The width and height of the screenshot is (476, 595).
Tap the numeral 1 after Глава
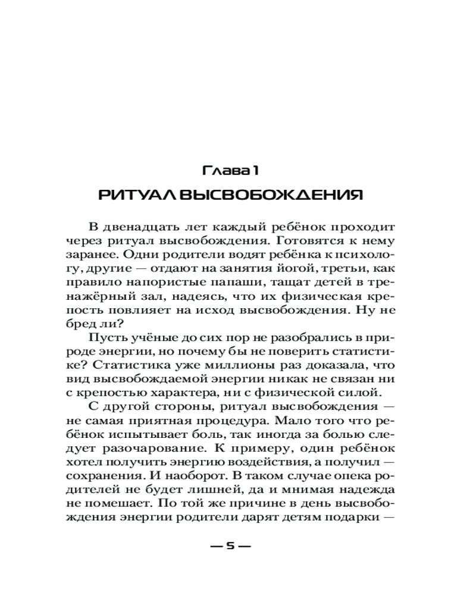(254, 171)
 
